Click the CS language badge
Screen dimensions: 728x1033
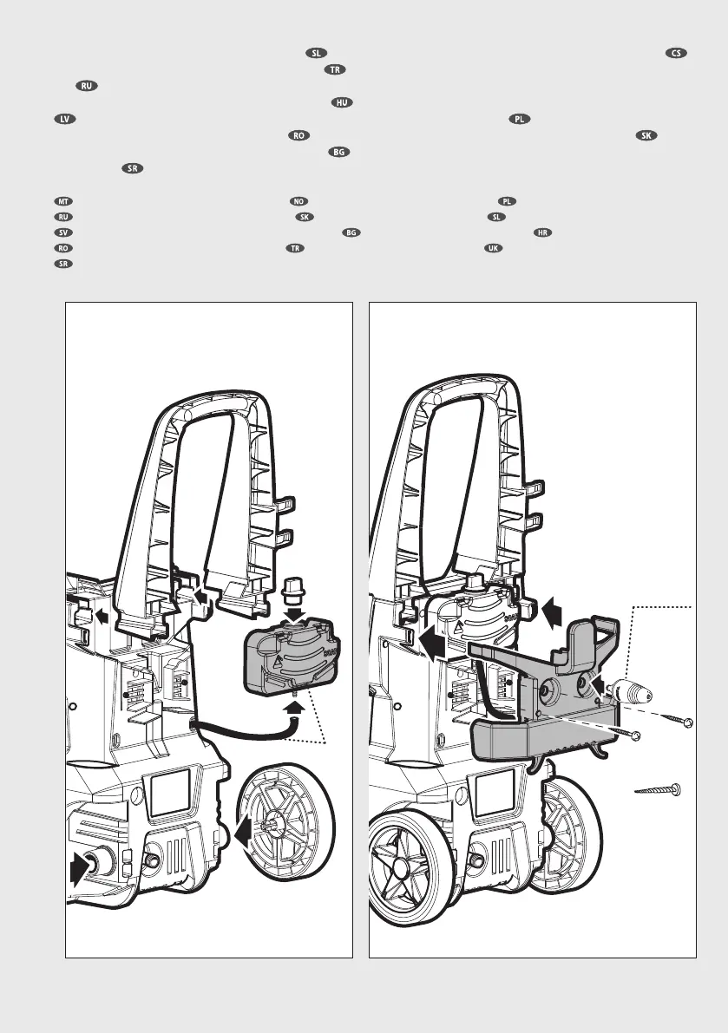click(x=677, y=52)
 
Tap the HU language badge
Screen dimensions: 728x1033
click(x=342, y=103)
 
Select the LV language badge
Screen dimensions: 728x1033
click(x=62, y=118)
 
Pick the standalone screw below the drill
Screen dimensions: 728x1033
click(x=658, y=790)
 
